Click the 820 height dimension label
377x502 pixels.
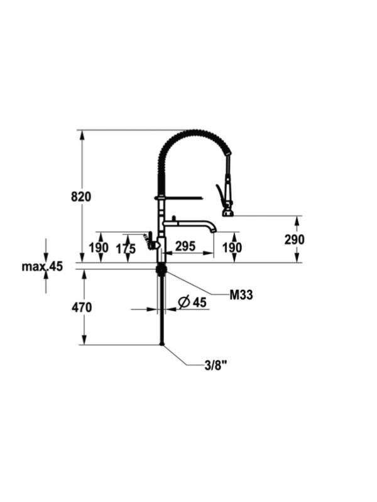81,196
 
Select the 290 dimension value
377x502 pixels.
294,239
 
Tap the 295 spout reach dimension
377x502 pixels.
185,246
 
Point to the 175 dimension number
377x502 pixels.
126,248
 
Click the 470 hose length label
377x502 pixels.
82,307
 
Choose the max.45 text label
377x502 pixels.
42,266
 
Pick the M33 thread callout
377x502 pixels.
241,295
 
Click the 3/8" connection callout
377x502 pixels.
217,365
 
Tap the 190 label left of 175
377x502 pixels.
99,247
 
